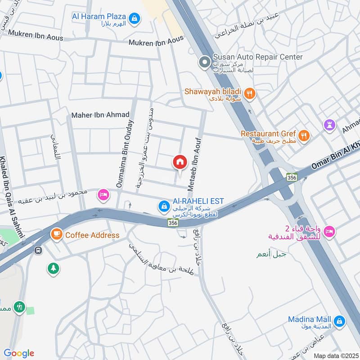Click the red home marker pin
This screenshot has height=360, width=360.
180,162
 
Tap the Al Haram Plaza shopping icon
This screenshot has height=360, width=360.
134,18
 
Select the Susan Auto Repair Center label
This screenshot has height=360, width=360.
257,57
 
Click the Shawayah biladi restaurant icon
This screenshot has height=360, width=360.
251,94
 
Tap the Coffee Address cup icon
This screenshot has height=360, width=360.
56,234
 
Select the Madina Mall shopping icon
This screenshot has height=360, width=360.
340,321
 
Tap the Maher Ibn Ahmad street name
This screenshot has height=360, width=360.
100,115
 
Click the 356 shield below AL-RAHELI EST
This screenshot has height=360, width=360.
172,222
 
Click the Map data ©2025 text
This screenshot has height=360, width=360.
335,355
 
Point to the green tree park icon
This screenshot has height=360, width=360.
54,269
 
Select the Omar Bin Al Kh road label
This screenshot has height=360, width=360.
335,157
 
